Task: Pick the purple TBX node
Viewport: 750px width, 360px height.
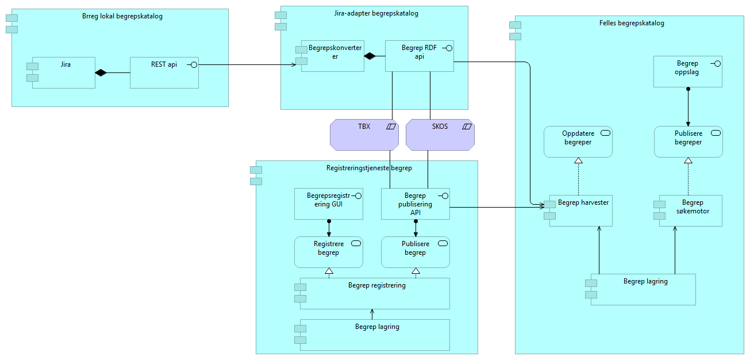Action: tap(364, 135)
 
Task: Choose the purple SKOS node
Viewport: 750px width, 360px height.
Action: tap(440, 135)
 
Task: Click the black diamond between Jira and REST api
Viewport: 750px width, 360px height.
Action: tap(101, 72)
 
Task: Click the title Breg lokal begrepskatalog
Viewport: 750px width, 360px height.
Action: tap(122, 16)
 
